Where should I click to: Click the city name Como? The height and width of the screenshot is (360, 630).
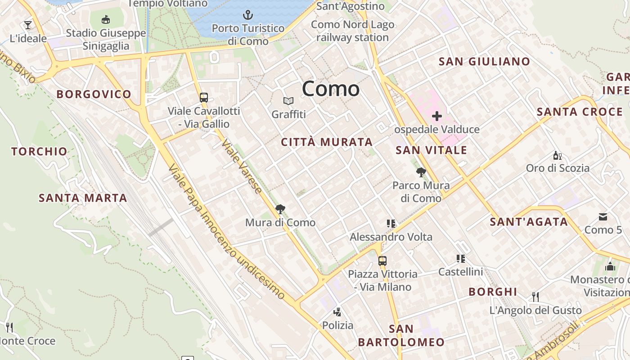click(331, 89)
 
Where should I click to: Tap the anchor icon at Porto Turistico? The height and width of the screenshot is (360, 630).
click(248, 15)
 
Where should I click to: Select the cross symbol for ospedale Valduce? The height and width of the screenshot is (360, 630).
click(436, 117)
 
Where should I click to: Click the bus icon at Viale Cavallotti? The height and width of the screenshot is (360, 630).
click(204, 97)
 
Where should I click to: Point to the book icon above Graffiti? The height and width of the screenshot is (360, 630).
click(288, 101)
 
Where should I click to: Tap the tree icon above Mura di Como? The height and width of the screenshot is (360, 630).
click(280, 209)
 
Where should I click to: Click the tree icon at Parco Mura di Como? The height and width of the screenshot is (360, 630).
click(421, 172)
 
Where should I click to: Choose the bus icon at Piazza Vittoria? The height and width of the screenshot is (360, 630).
click(382, 261)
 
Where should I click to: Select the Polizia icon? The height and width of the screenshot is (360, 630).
click(337, 312)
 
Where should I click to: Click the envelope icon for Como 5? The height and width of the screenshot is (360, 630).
click(603, 217)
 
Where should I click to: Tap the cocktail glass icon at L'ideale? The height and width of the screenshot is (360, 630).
click(28, 25)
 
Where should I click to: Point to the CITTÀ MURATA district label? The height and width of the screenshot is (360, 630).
click(327, 142)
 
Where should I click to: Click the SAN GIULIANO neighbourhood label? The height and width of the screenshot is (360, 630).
click(484, 62)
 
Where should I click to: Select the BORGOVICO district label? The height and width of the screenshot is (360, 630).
click(94, 94)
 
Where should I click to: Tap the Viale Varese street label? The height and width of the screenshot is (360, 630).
click(242, 166)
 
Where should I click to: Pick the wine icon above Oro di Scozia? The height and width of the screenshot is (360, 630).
click(557, 156)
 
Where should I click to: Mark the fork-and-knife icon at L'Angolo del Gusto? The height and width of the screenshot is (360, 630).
click(535, 297)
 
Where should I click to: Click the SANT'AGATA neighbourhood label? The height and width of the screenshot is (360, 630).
click(529, 221)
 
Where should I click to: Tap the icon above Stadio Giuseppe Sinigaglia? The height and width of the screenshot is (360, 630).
click(106, 19)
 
